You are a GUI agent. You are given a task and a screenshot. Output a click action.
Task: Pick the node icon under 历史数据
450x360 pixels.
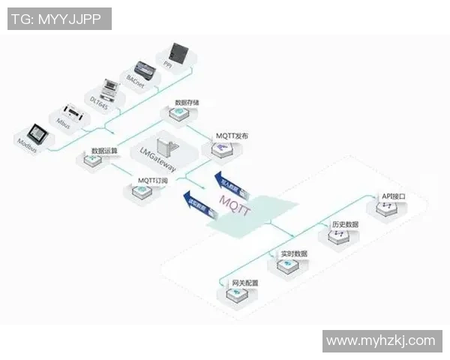pos(333,237)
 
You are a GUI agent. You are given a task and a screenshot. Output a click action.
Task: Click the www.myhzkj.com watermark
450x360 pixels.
pos(381,341)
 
